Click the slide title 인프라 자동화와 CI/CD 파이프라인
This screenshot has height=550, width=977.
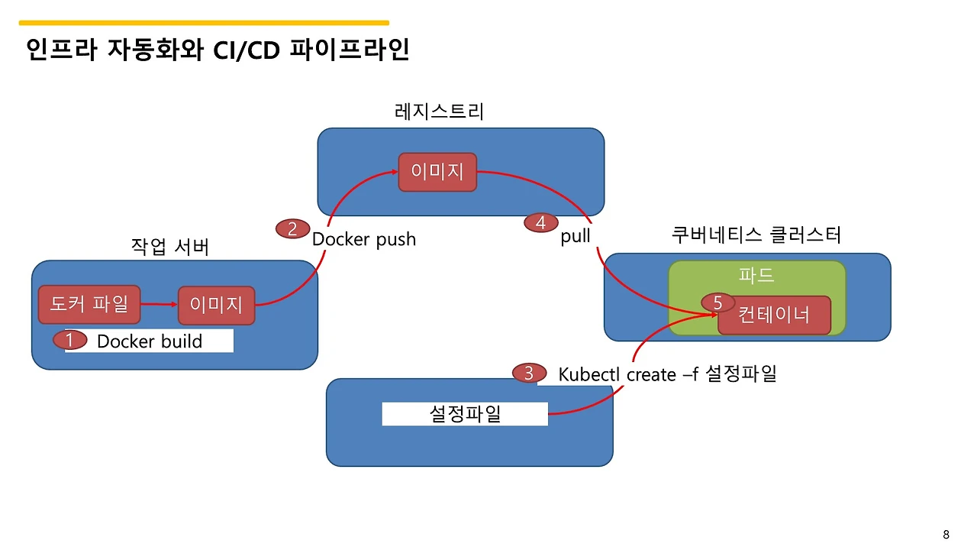click(x=218, y=50)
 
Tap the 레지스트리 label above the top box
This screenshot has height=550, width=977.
click(x=439, y=112)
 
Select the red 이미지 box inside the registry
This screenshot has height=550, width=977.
click(x=437, y=172)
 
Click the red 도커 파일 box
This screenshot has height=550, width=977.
click(x=89, y=305)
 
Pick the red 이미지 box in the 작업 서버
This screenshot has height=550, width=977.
click(x=216, y=306)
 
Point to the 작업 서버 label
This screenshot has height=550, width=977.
click(x=170, y=247)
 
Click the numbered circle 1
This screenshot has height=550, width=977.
click(x=69, y=341)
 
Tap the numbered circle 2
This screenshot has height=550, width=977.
click(x=292, y=228)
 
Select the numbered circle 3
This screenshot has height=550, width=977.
click(x=528, y=374)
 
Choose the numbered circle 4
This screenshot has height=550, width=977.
click(x=541, y=222)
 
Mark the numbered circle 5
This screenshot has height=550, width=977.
click(x=717, y=303)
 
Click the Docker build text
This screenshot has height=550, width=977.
click(x=150, y=341)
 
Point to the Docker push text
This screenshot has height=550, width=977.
click(x=364, y=239)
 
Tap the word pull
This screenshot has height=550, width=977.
click(x=576, y=236)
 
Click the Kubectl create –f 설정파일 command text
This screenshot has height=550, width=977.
click(x=667, y=374)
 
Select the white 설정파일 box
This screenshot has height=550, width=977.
click(x=465, y=414)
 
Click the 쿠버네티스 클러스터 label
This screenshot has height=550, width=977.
click(x=756, y=235)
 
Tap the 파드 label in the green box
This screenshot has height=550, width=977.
click(x=756, y=275)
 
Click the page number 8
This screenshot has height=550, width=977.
click(x=946, y=534)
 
